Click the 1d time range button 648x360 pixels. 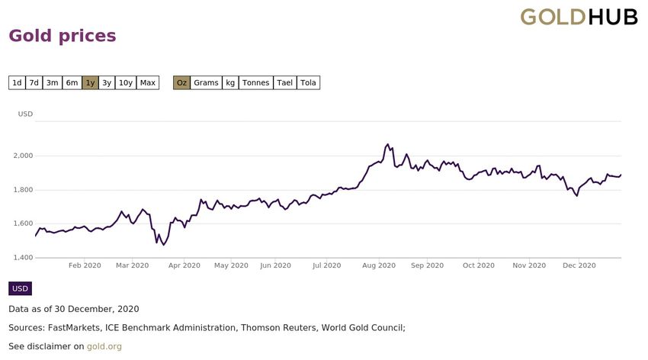pyautogui.click(x=17, y=82)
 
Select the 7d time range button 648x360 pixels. pyautogui.click(x=34, y=82)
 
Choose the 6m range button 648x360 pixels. pyautogui.click(x=72, y=82)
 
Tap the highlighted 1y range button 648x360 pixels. pyautogui.click(x=90, y=82)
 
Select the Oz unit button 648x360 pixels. pyautogui.click(x=181, y=82)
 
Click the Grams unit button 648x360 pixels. pyautogui.click(x=206, y=82)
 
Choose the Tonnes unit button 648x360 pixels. pyautogui.click(x=255, y=82)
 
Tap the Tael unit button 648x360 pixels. pyautogui.click(x=284, y=82)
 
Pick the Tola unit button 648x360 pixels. pyautogui.click(x=308, y=82)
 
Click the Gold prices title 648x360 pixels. pyautogui.click(x=62, y=36)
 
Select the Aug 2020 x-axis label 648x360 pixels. pyautogui.click(x=378, y=265)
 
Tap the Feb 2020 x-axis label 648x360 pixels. pyautogui.click(x=85, y=265)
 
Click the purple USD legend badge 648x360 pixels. pyautogui.click(x=20, y=288)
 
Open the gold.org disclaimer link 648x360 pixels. pyautogui.click(x=104, y=346)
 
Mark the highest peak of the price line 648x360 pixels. pyautogui.click(x=388, y=143)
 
